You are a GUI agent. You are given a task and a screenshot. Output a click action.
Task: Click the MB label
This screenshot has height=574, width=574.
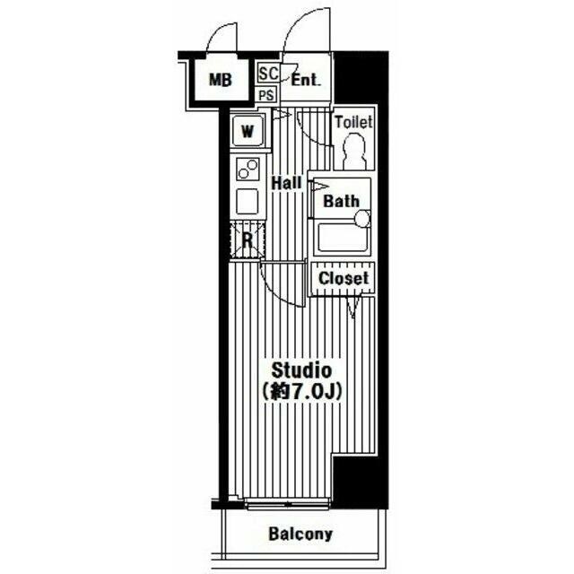[220, 80]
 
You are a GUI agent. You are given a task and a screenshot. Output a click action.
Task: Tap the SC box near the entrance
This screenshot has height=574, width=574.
[268, 74]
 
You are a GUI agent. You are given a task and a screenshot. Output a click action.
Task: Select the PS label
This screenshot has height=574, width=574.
[266, 96]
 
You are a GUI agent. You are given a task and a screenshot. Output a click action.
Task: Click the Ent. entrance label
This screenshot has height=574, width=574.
[306, 80]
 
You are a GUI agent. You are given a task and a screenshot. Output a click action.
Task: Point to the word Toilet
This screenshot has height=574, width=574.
[353, 122]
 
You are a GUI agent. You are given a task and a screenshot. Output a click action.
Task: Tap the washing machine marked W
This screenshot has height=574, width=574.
[248, 131]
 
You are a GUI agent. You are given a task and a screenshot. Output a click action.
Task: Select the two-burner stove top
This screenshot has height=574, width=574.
[248, 170]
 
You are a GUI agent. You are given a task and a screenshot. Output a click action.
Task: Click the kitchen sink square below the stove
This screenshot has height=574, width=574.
[248, 201]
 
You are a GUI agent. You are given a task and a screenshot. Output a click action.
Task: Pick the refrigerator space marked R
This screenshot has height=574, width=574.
[248, 239]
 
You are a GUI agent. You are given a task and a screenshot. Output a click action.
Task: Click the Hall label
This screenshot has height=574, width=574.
[286, 183]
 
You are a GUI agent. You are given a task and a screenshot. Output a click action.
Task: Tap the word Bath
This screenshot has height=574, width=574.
[341, 201]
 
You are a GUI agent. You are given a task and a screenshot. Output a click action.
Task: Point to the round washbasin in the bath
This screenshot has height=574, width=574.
[362, 219]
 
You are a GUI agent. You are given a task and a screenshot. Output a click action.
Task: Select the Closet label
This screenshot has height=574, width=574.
[344, 278]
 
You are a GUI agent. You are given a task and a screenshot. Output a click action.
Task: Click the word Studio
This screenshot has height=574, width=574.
[301, 370]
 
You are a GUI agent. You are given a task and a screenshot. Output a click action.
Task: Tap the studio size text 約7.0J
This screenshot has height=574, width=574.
[301, 391]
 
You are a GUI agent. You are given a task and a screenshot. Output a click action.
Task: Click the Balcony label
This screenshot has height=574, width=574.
[300, 535]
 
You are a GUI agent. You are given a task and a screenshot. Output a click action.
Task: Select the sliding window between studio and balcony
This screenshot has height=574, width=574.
[288, 504]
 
